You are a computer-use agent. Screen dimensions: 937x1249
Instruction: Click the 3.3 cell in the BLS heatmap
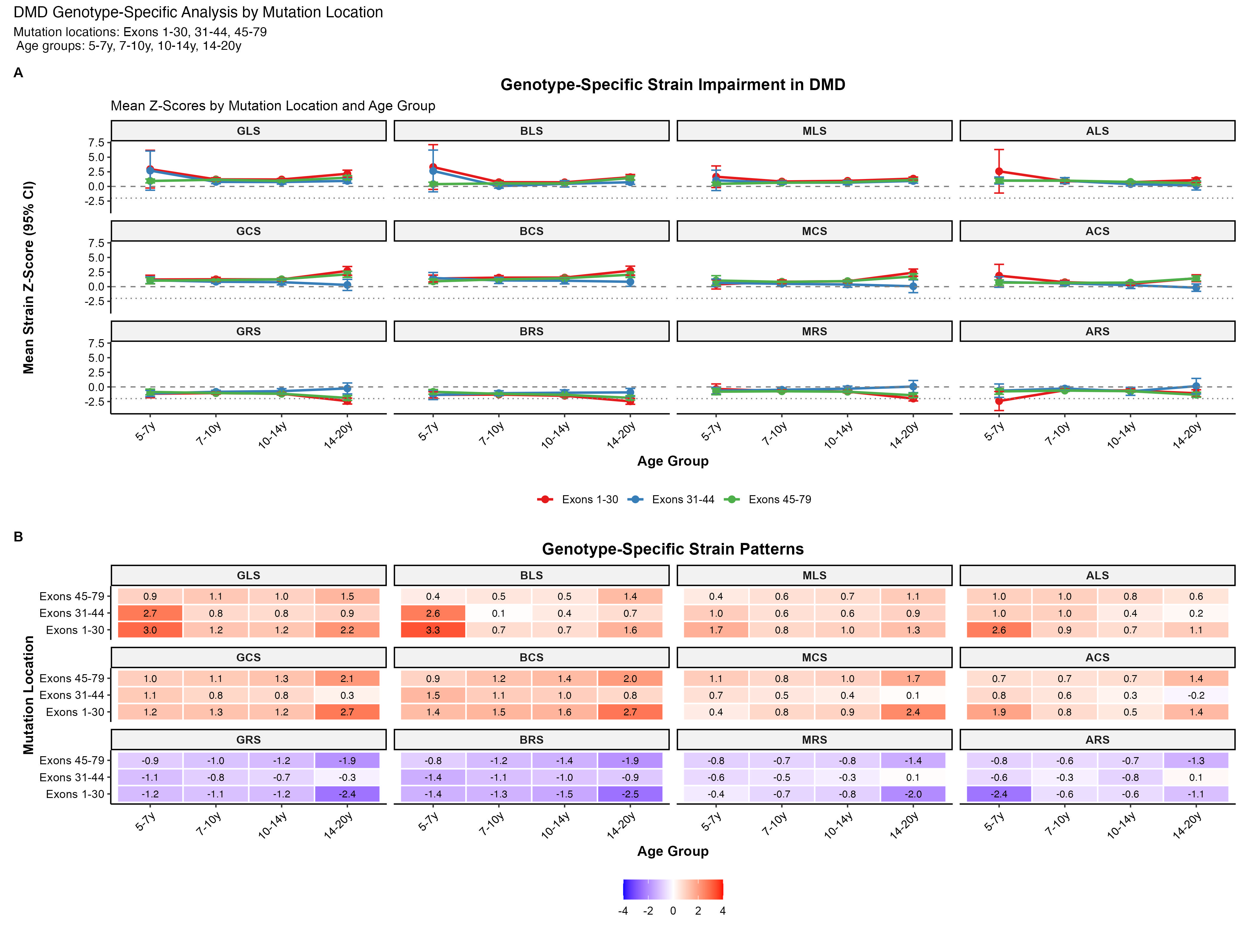pos(433,630)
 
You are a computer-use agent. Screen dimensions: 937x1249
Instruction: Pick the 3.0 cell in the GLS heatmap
pos(150,630)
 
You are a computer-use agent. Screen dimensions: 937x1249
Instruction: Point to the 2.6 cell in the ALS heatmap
pos(999,630)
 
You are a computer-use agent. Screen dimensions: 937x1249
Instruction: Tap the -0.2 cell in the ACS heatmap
pos(1196,695)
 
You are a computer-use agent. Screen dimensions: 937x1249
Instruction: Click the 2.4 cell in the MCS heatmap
pos(913,712)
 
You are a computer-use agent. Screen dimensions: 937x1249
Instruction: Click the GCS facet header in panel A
pos(248,231)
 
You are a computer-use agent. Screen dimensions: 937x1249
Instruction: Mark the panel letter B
pos(18,537)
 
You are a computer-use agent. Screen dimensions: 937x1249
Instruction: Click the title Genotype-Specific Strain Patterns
pos(673,549)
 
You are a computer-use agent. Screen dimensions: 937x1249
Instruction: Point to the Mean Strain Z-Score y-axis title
pos(28,277)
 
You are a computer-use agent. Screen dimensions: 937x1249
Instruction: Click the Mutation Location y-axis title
pos(28,695)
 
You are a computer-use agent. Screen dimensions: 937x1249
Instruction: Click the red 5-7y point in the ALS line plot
pos(999,171)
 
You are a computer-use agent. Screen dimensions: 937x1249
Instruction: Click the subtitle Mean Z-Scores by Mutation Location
pos(273,106)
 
